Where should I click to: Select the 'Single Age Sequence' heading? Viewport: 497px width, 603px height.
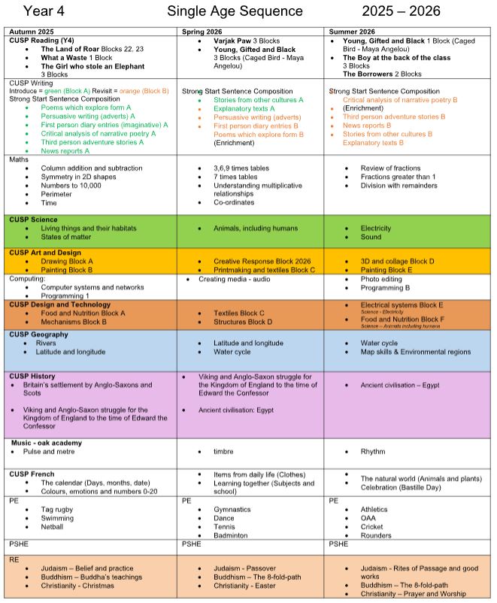tap(235, 11)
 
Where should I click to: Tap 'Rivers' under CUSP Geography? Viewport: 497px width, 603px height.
tap(47, 344)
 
